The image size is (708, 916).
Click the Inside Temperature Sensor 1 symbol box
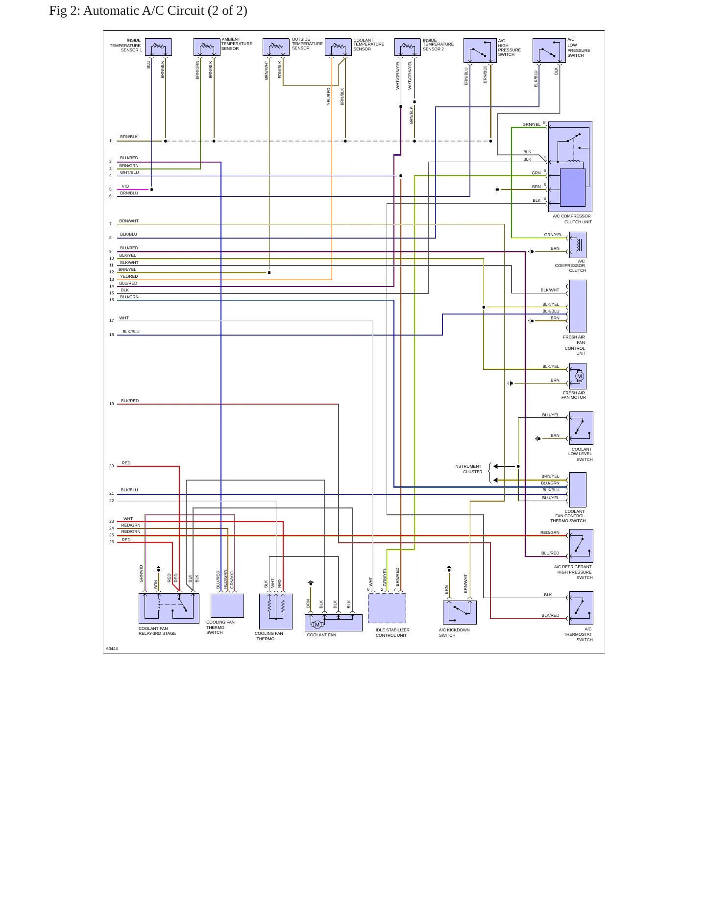[x=158, y=47]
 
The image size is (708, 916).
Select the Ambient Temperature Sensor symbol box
[x=207, y=47]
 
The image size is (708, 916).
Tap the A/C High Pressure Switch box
[x=480, y=50]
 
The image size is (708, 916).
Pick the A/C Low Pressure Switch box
[x=549, y=50]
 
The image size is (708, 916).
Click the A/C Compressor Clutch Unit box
[x=570, y=167]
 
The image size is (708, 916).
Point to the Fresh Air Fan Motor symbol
[x=578, y=376]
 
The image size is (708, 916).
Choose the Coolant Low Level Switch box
[x=581, y=428]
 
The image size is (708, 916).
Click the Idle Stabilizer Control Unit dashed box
[x=387, y=608]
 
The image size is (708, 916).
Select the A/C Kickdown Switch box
[x=460, y=612]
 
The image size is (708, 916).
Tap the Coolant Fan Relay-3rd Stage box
[x=169, y=608]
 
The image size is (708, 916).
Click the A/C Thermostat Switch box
[x=581, y=608]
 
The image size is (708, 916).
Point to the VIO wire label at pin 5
[x=125, y=186]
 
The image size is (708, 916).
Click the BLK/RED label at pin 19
[x=130, y=401]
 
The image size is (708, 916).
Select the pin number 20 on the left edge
[x=112, y=466]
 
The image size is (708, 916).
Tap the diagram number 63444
[x=112, y=649]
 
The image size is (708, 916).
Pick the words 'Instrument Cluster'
[x=468, y=469]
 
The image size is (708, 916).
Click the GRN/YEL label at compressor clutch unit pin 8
[x=532, y=124]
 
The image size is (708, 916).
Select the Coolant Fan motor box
[x=334, y=623]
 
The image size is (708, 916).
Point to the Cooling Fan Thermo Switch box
[x=227, y=605]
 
